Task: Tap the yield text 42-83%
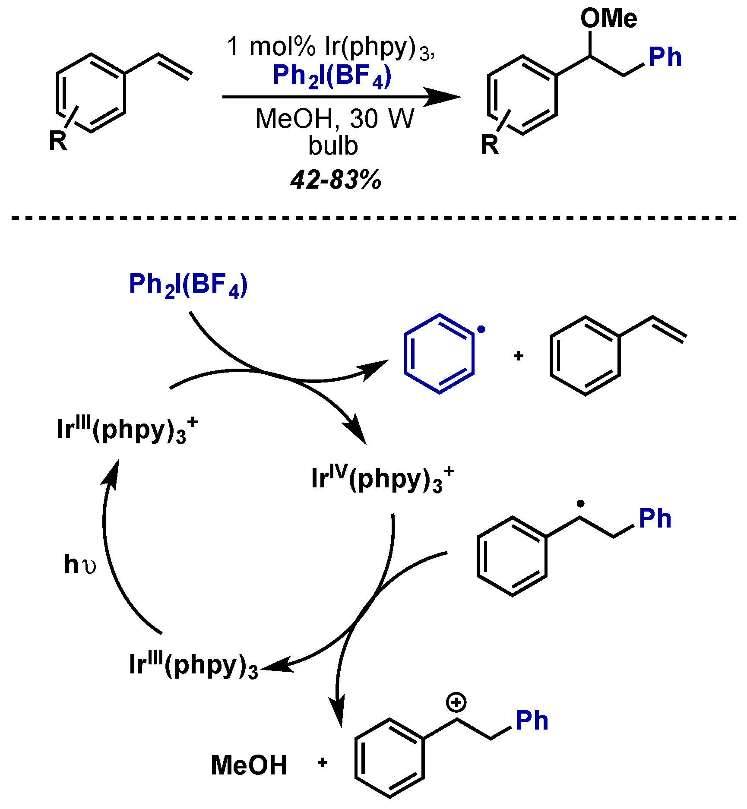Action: tap(336, 179)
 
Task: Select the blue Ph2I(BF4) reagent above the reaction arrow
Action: tap(332, 76)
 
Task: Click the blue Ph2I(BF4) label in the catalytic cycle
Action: tap(188, 285)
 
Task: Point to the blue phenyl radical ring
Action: tap(439, 354)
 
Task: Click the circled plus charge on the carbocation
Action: tap(456, 702)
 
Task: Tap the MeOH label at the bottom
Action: tap(249, 765)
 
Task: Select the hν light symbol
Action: tap(80, 564)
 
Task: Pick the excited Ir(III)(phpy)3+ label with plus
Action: tap(127, 430)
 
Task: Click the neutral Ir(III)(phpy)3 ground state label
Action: tap(193, 665)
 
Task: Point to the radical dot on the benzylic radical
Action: tap(581, 503)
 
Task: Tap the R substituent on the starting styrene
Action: tap(58, 141)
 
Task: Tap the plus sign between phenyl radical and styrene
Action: tap(519, 356)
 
